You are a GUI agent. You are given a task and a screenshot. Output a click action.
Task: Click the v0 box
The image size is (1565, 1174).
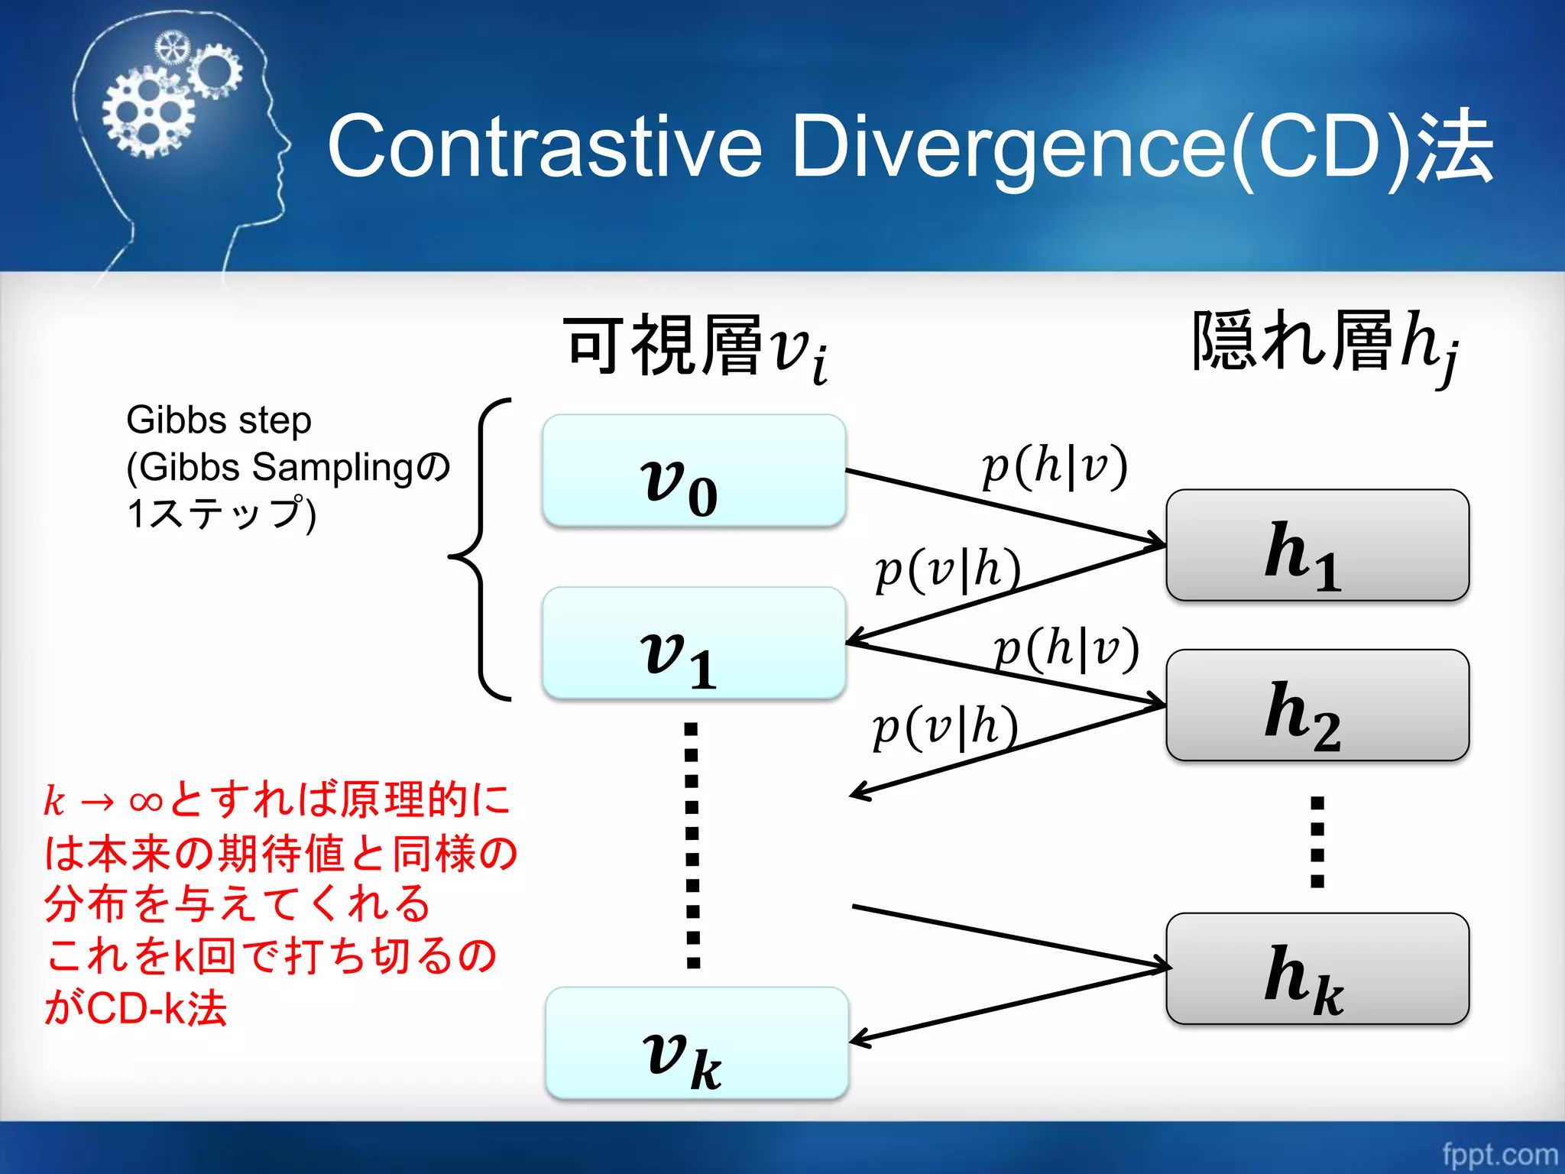point(693,470)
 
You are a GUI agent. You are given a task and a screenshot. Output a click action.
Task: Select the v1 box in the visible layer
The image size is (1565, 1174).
point(693,643)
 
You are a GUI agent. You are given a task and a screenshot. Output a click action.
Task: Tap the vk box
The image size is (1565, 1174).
point(696,1043)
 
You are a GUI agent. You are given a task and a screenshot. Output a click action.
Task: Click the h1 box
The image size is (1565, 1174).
point(1317,545)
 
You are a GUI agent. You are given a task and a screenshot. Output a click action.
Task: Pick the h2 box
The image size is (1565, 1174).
point(1317,705)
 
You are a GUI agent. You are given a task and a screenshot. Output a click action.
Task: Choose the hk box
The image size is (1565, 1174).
point(1317,968)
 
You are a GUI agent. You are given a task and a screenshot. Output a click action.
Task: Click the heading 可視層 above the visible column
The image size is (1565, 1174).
point(663,345)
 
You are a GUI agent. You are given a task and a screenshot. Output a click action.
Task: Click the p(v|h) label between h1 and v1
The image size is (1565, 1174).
point(948,569)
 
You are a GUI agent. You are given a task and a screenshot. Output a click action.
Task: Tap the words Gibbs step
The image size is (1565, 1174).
point(219,420)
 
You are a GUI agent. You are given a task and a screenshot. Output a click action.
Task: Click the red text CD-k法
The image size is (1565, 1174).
point(157,1008)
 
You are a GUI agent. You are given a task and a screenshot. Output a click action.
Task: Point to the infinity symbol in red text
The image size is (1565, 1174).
point(145,801)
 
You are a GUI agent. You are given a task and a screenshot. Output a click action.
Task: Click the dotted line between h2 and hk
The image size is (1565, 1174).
point(1317,841)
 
